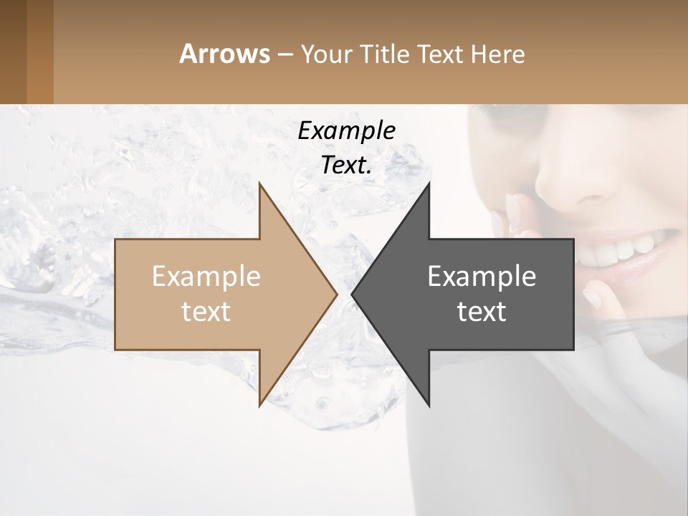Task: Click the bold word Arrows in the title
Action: point(224,54)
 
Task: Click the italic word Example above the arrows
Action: point(346,130)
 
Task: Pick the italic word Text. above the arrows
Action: point(346,165)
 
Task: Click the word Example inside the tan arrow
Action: point(206,277)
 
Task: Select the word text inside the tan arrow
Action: point(206,311)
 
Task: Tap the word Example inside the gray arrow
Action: point(482,277)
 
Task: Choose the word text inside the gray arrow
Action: point(482,311)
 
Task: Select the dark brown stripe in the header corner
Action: point(13,52)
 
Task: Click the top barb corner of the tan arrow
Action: point(260,185)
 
